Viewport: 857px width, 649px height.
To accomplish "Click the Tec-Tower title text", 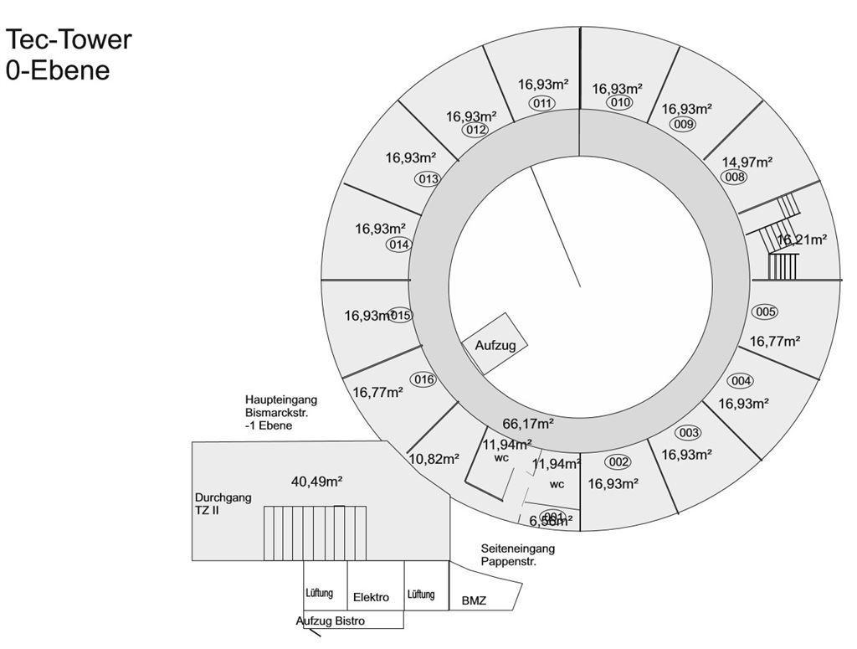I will (x=69, y=39).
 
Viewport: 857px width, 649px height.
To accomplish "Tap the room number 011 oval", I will (x=542, y=103).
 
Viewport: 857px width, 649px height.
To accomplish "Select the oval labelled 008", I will (x=734, y=177).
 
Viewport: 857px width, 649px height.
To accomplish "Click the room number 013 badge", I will (x=428, y=178).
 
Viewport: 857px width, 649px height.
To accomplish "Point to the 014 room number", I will (x=399, y=245).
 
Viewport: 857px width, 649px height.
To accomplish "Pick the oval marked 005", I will (x=765, y=312).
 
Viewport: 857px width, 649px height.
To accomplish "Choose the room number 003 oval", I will (x=688, y=433).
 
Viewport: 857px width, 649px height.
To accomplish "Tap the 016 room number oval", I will (x=424, y=379).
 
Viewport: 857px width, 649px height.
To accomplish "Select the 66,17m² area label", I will (x=527, y=424).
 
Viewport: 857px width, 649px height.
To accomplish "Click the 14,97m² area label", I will (x=747, y=162).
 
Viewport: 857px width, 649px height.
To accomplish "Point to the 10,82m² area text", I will (x=434, y=459).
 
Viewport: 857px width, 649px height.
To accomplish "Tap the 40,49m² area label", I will (x=316, y=481).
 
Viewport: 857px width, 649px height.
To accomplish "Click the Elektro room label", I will (x=371, y=598).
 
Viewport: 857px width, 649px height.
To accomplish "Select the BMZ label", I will (x=474, y=601).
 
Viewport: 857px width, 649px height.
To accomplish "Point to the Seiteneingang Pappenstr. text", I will (x=517, y=554).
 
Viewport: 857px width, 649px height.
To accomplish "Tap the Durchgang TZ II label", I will (x=223, y=503).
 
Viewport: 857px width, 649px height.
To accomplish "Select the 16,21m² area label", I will (x=802, y=240).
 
